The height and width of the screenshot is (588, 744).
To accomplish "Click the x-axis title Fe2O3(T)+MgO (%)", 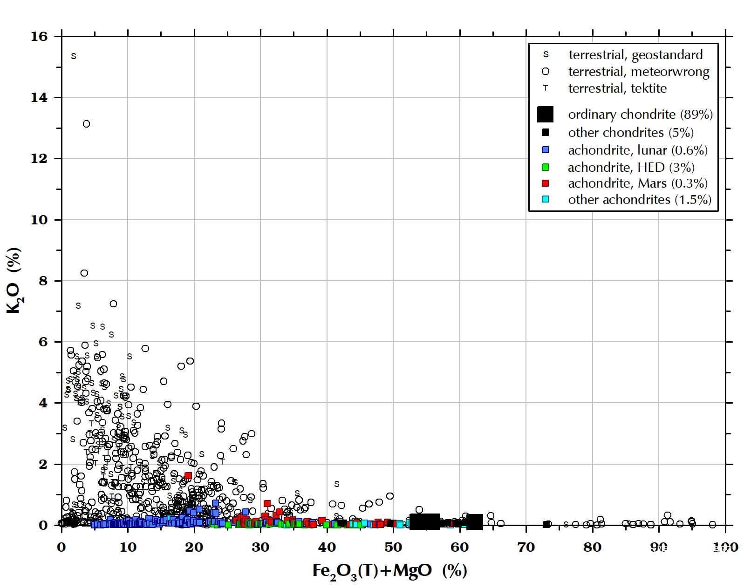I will (x=389, y=571).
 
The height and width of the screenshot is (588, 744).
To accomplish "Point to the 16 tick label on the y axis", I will (x=40, y=37).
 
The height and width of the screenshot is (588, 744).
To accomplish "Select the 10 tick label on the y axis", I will (x=40, y=220).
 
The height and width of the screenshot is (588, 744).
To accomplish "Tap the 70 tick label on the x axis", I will (x=526, y=547).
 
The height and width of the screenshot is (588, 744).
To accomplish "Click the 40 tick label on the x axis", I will (x=327, y=547).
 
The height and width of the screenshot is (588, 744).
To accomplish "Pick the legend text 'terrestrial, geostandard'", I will (x=635, y=55).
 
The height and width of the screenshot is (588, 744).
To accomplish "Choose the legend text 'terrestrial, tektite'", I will (x=617, y=88).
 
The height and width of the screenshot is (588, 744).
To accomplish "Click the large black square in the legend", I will (x=545, y=114).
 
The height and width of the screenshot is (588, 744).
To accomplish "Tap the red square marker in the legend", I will (x=546, y=183).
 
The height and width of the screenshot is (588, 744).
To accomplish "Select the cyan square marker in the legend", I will (x=546, y=199).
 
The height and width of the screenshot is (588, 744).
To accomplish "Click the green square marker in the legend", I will (x=546, y=167).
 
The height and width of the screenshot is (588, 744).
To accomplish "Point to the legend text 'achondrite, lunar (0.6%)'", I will (x=638, y=150).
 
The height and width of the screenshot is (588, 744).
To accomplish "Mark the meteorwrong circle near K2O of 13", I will (x=86, y=124).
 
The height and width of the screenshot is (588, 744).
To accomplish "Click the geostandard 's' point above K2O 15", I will (x=74, y=56).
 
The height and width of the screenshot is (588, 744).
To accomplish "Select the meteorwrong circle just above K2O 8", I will (x=84, y=273).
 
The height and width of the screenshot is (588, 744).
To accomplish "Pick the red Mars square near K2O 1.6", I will (x=188, y=476).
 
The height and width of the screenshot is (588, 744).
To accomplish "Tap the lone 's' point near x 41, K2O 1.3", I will (x=337, y=484).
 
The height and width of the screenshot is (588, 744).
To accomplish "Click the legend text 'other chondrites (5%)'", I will (x=631, y=133).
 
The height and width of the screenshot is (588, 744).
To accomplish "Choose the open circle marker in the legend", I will (x=546, y=72).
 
